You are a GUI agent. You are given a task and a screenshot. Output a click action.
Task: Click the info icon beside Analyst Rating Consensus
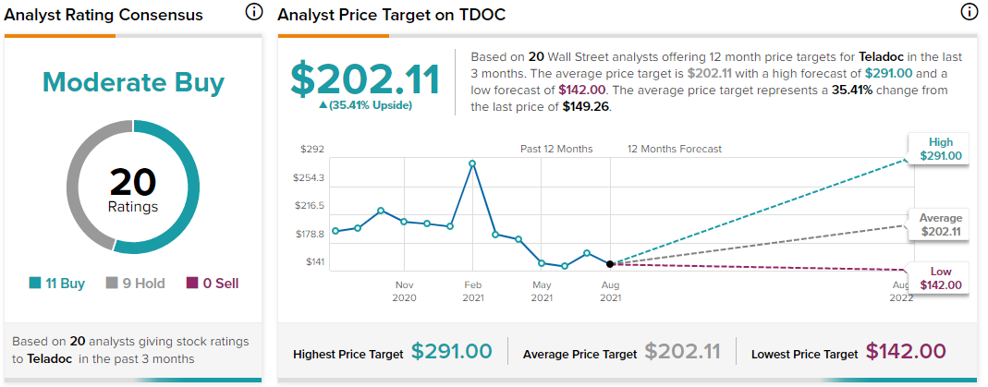(253, 11)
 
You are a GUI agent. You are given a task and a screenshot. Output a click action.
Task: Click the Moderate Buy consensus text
(133, 82)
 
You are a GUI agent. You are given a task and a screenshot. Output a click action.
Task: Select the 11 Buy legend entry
(56, 284)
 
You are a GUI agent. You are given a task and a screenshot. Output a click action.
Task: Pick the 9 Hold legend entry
(136, 284)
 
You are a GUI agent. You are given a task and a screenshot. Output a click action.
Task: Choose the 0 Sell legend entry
(213, 284)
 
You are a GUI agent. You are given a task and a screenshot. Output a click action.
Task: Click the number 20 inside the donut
(133, 183)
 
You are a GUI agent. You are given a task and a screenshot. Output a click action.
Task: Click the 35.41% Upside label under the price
(365, 105)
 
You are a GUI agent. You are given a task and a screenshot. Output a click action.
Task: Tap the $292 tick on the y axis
(312, 150)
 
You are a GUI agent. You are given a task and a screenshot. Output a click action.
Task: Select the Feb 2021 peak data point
(472, 163)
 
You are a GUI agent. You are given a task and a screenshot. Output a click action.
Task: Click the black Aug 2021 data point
(610, 263)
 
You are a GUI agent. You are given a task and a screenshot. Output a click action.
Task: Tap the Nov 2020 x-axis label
(404, 291)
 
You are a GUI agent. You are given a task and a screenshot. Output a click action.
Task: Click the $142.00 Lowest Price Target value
(906, 352)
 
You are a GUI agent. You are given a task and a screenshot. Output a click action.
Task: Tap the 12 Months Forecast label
(674, 149)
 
